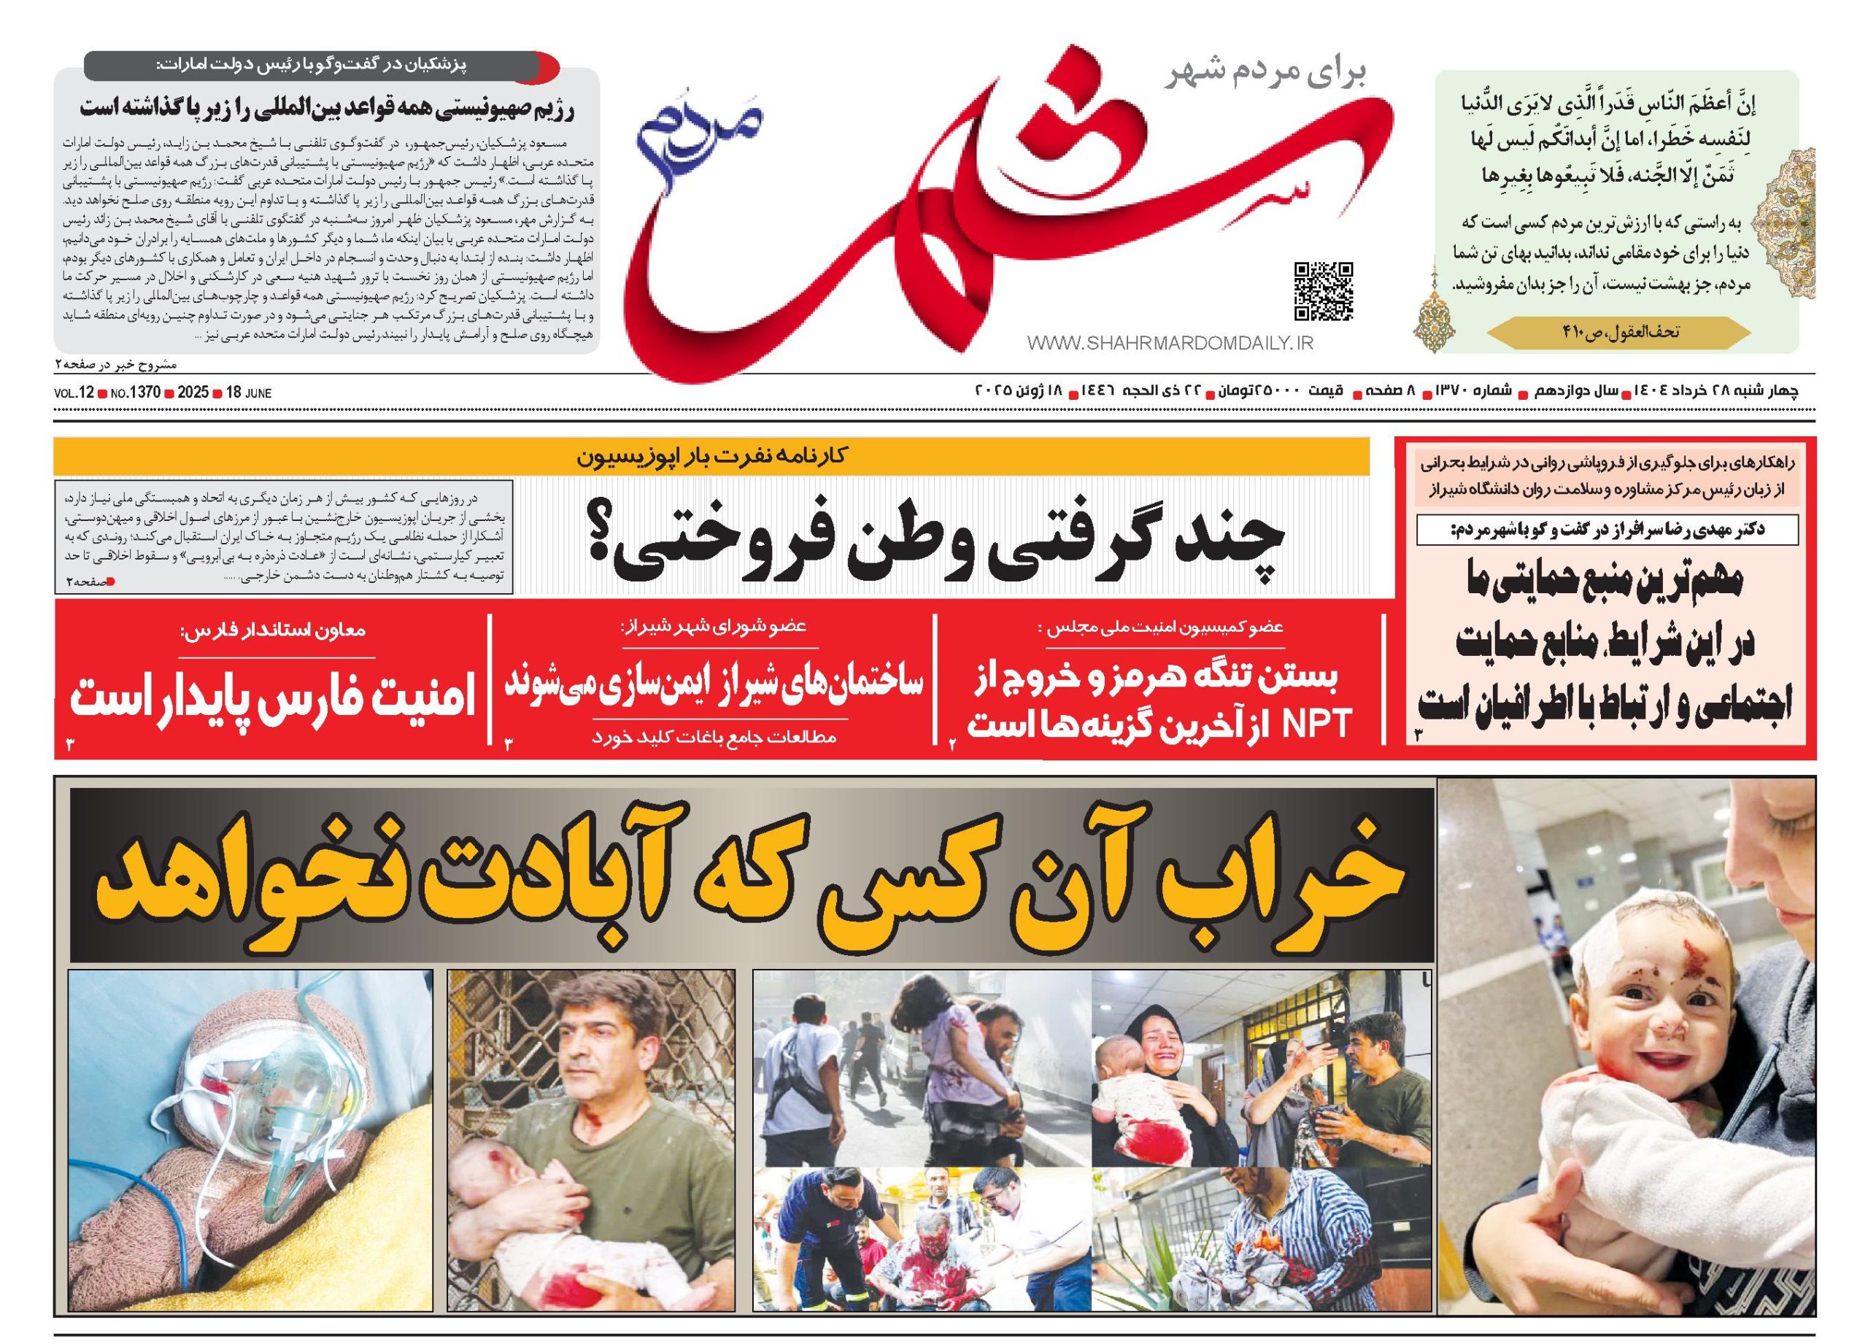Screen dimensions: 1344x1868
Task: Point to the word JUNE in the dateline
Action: coord(258,393)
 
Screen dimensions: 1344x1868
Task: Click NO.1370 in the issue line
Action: coord(134,393)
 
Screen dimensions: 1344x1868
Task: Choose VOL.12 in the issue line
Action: coord(74,393)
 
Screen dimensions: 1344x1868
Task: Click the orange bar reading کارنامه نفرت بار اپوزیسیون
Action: coord(711,455)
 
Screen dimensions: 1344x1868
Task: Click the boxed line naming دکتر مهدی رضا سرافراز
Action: coord(1606,530)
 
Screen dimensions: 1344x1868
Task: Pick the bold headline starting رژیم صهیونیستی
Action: coord(326,109)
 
